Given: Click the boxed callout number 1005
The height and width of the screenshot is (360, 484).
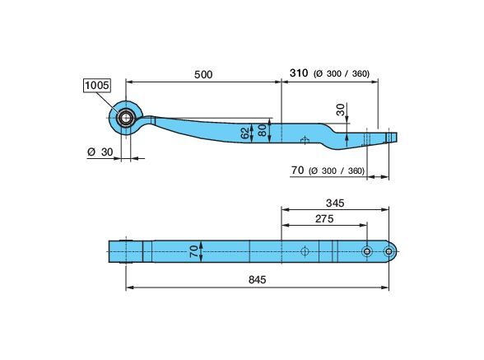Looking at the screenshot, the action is (x=97, y=85).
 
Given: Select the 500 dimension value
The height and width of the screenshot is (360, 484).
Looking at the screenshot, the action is (x=203, y=74).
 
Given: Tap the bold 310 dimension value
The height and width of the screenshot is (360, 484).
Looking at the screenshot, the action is (x=299, y=73).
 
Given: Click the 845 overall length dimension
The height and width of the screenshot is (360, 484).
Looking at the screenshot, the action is (x=257, y=279).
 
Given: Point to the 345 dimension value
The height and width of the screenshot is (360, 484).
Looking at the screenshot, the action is (x=335, y=203).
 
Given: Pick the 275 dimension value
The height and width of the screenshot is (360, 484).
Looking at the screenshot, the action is (x=324, y=219).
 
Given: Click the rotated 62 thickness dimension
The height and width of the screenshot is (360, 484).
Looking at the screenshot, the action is (x=245, y=133).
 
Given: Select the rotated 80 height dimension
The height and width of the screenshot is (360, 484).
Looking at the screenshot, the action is (x=262, y=130).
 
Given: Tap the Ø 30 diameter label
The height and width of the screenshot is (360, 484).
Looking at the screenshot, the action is (x=100, y=152).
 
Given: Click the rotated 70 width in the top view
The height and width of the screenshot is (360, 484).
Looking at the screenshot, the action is (x=193, y=251).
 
